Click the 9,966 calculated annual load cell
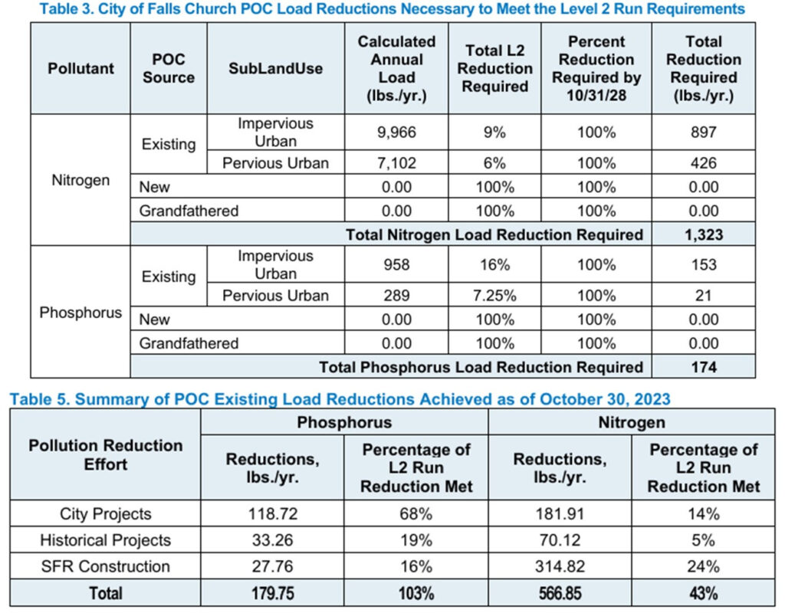[x=396, y=132]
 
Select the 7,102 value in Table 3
[x=396, y=162]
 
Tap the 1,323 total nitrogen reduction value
[x=703, y=234]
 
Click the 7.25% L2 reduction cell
[x=494, y=295]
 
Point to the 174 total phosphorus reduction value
[x=703, y=367]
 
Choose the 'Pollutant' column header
[x=80, y=69]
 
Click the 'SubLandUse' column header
[x=275, y=69]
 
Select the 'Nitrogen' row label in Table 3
[x=80, y=181]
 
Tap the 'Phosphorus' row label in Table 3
[x=80, y=313]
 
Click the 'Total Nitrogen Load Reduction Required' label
[x=494, y=234]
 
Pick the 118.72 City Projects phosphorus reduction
[x=272, y=513]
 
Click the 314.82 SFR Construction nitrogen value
[x=559, y=566]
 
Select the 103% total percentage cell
[x=416, y=593]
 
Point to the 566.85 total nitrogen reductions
[x=559, y=593]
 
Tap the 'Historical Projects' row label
[x=105, y=540]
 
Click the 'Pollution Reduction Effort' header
[x=105, y=454]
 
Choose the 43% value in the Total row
[x=703, y=593]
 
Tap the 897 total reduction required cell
[x=703, y=132]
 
